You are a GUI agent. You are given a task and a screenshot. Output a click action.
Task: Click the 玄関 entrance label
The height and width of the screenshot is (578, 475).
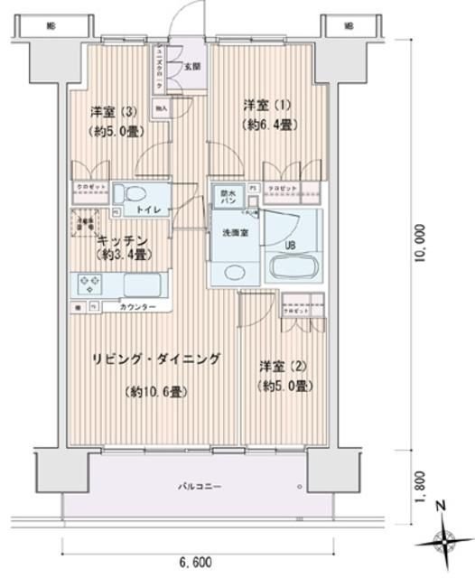pyautogui.click(x=192, y=66)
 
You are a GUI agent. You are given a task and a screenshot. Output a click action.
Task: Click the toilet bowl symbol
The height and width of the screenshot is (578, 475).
pyautogui.click(x=136, y=194)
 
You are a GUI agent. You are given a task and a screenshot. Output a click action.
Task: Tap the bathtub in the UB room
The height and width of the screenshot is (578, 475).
pyautogui.click(x=294, y=268)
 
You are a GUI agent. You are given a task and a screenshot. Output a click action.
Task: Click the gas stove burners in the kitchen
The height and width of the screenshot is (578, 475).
pyautogui.click(x=92, y=285)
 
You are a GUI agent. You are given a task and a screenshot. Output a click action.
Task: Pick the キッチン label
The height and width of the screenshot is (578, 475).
pyautogui.click(x=117, y=241)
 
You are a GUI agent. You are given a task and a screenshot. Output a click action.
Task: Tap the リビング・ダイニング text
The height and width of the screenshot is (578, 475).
pyautogui.click(x=155, y=359)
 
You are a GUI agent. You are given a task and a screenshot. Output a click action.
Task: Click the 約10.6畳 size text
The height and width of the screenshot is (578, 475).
pyautogui.click(x=154, y=392)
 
